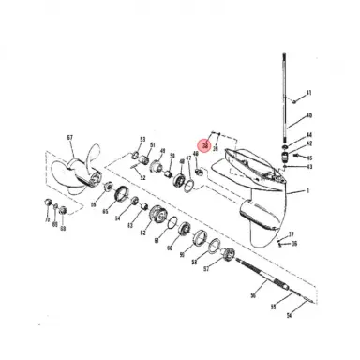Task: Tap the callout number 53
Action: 142,138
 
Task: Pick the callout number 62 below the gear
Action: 142,232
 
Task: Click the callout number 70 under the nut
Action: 47,220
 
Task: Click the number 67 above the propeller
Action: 69,138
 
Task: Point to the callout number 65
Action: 105,213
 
